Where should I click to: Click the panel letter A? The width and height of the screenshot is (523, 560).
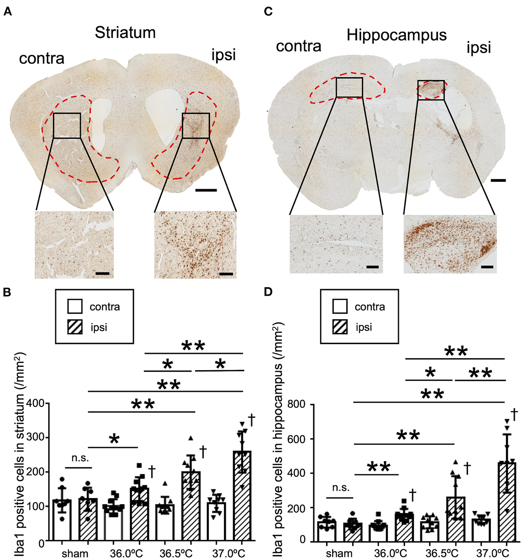tap(7, 12)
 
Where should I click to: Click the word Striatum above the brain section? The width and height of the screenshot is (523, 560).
tap(125, 32)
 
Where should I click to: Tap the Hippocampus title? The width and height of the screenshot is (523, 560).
tap(396, 35)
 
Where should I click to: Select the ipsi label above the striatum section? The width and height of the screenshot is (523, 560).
tap(223, 55)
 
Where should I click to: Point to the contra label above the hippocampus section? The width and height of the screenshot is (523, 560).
tap(299, 46)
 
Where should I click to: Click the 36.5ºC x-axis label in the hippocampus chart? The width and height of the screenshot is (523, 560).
tap(441, 553)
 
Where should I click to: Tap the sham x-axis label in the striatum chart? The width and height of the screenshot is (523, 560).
tap(75, 553)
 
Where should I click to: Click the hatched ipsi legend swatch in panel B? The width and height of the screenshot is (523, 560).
tap(75, 327)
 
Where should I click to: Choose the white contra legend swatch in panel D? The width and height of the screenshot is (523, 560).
tap(340, 306)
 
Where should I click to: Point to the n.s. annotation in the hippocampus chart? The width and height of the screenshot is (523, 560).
tap(340, 488)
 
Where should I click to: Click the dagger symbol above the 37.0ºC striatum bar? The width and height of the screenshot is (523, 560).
tap(252, 420)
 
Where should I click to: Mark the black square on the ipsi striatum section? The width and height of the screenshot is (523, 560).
tap(196, 126)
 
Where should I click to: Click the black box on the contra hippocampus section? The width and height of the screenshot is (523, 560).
tap(349, 87)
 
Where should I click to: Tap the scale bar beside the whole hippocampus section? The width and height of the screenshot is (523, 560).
tap(498, 181)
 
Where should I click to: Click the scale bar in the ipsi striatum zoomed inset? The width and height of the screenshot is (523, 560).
tap(226, 274)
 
